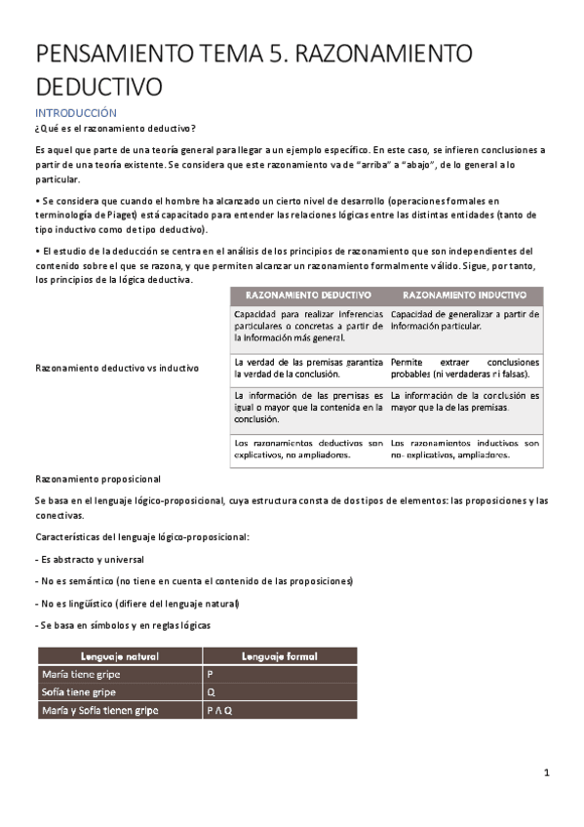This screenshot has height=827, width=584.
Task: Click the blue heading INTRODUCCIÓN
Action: pyautogui.click(x=75, y=113)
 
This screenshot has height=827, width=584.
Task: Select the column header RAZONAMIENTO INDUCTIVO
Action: pyautogui.click(x=464, y=295)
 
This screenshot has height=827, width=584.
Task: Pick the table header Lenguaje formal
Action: pyautogui.click(x=280, y=656)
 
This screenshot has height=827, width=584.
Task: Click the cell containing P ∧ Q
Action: pyautogui.click(x=219, y=711)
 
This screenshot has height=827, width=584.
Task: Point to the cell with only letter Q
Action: pyautogui.click(x=212, y=692)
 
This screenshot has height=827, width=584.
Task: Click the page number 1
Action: pyautogui.click(x=547, y=773)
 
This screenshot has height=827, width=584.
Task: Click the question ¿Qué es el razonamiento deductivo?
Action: pyautogui.click(x=114, y=129)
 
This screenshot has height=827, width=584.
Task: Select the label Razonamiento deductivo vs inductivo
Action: pyautogui.click(x=117, y=369)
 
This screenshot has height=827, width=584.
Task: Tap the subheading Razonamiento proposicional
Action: pyautogui.click(x=97, y=480)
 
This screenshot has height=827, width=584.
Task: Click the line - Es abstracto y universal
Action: pyautogui.click(x=89, y=560)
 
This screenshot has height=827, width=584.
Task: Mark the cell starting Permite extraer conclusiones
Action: pyautogui.click(x=464, y=368)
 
